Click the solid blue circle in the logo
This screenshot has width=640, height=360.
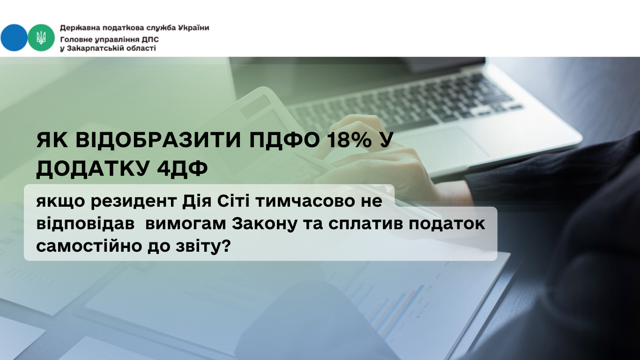[14, 38]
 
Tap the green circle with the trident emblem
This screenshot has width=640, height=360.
[41, 38]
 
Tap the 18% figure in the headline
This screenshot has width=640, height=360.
[350, 140]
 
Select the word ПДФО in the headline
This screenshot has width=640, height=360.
[284, 141]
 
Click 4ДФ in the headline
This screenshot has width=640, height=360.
[182, 168]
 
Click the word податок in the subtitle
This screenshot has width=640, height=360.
[447, 224]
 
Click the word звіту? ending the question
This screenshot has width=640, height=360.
[203, 246]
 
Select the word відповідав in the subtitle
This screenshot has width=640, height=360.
[85, 224]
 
